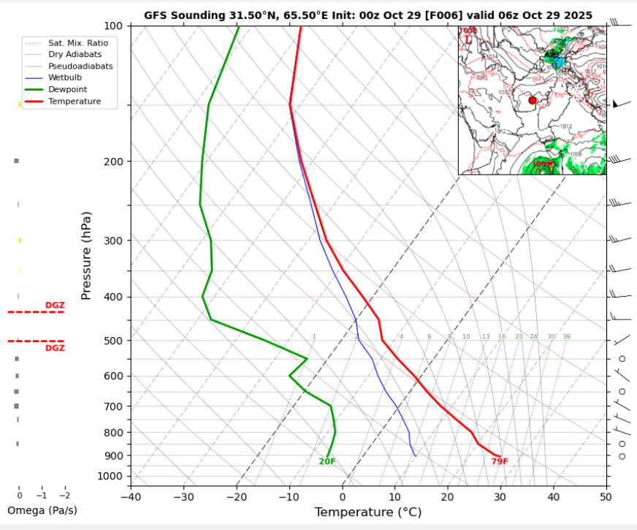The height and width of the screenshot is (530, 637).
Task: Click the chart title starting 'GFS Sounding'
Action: (368, 15)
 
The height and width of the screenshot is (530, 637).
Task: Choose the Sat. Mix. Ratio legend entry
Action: (78, 43)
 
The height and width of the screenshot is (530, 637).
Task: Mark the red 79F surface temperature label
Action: (500, 461)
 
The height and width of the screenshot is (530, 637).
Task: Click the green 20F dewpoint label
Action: (327, 461)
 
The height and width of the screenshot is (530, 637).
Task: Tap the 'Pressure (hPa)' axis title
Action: (87, 255)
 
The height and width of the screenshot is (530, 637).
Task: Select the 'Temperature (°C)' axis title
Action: (367, 512)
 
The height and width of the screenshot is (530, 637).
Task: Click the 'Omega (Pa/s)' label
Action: (42, 510)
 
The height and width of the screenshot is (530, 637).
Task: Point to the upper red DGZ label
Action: (55, 306)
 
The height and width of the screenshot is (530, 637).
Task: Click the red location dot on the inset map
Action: (533, 100)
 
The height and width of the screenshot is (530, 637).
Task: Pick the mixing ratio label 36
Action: (566, 337)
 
